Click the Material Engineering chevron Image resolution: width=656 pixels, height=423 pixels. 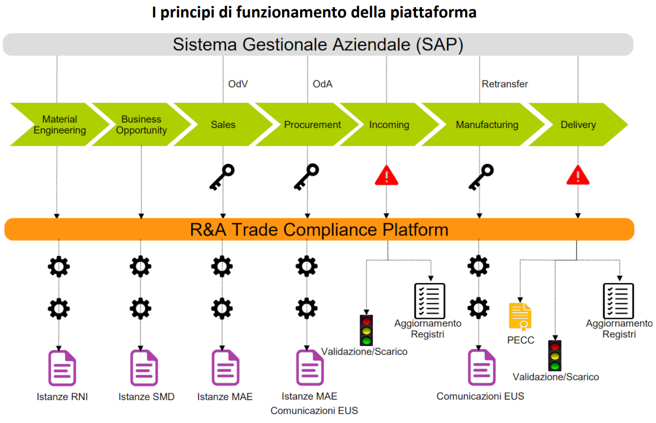coord(60,125)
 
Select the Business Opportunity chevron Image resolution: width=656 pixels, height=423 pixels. coord(141,125)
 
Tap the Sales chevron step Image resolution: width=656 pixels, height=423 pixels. coord(223,125)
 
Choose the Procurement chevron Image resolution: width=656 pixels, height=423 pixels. coord(312,125)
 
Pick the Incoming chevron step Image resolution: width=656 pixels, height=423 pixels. coord(389,125)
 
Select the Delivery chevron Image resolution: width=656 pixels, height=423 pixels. coord(578,125)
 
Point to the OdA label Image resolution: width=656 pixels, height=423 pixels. coord(323,84)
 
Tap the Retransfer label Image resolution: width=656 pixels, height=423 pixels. coord(505,84)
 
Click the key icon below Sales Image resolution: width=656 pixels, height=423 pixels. coord(222,177)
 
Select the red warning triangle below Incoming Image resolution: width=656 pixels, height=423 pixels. coord(387,175)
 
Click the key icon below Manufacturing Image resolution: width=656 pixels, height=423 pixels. coord(481,177)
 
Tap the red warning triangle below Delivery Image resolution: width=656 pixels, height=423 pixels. coord(578,175)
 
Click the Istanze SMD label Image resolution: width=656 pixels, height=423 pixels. coord(146,397)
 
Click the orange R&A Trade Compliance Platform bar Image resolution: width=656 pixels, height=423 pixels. coord(319,230)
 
